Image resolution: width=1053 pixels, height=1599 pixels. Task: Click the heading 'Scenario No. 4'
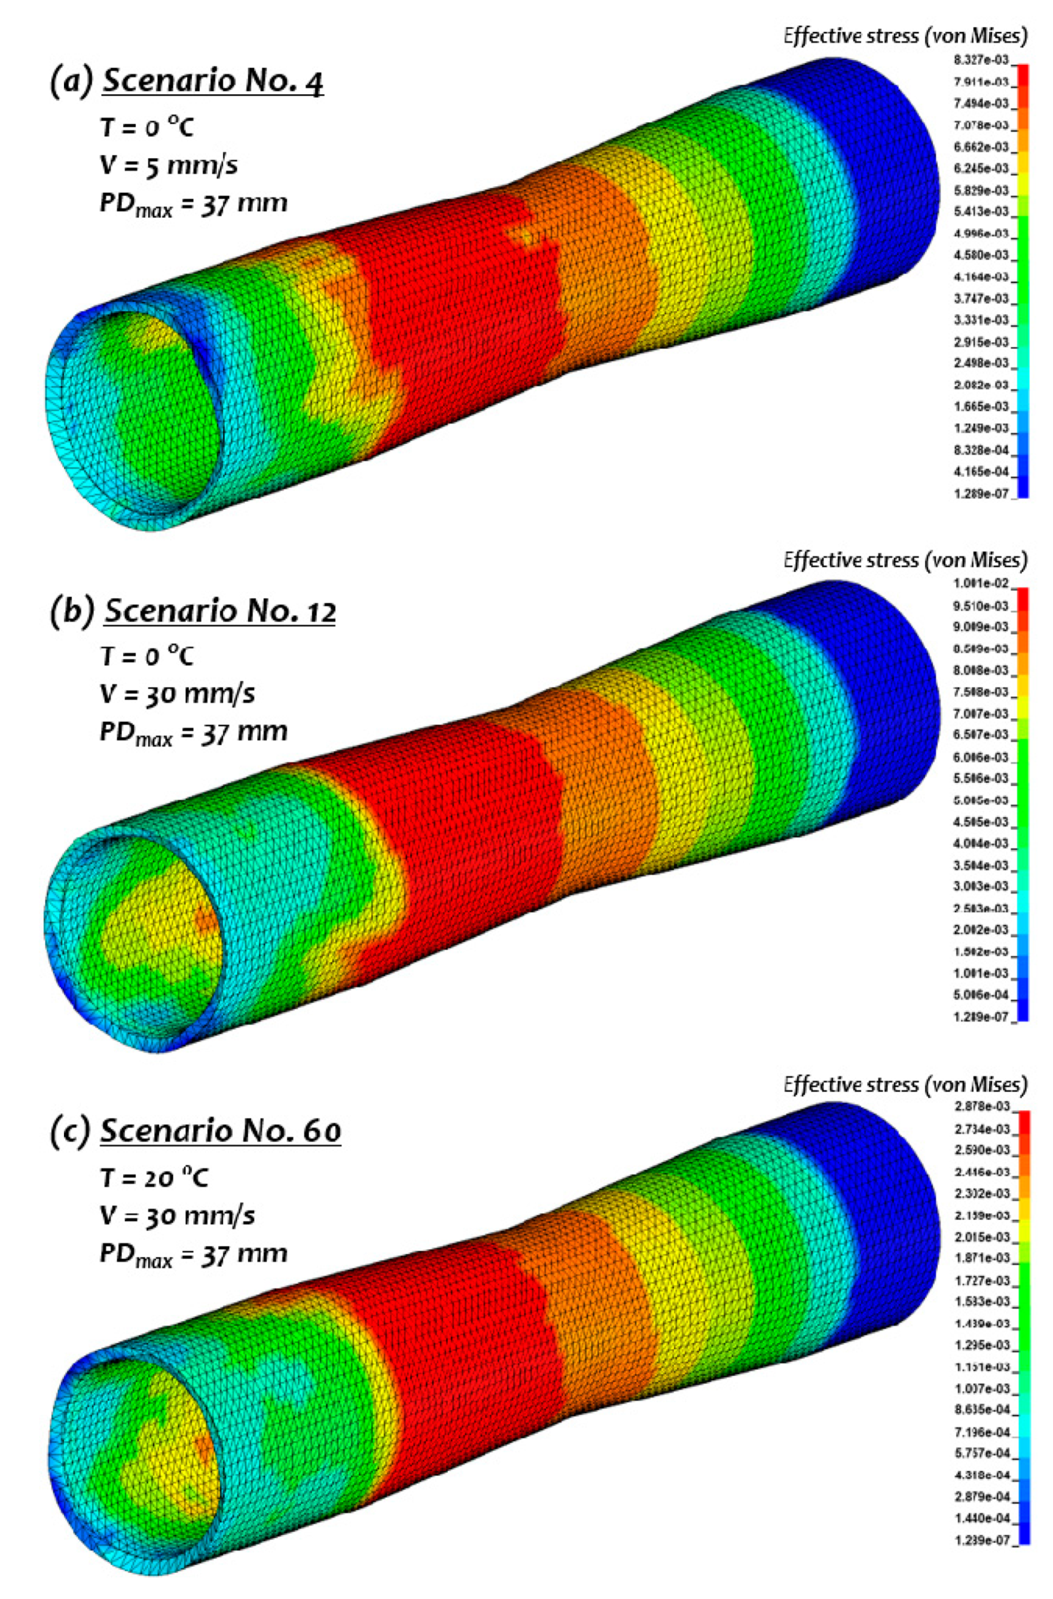point(213,81)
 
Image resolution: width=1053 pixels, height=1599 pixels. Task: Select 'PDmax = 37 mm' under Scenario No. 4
point(193,201)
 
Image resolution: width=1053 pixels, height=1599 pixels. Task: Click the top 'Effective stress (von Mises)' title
point(905,37)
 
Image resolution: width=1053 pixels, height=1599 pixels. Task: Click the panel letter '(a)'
point(72,81)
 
